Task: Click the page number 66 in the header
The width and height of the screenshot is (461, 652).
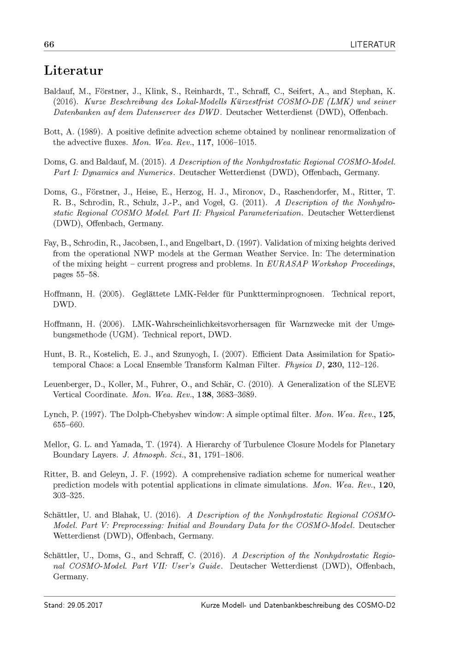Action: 49,45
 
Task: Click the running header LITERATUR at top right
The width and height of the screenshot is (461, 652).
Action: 372,45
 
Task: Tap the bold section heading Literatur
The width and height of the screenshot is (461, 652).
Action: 73,71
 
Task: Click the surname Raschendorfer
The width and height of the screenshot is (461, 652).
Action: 313,192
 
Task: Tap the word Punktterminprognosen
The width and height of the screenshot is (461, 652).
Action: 274,294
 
